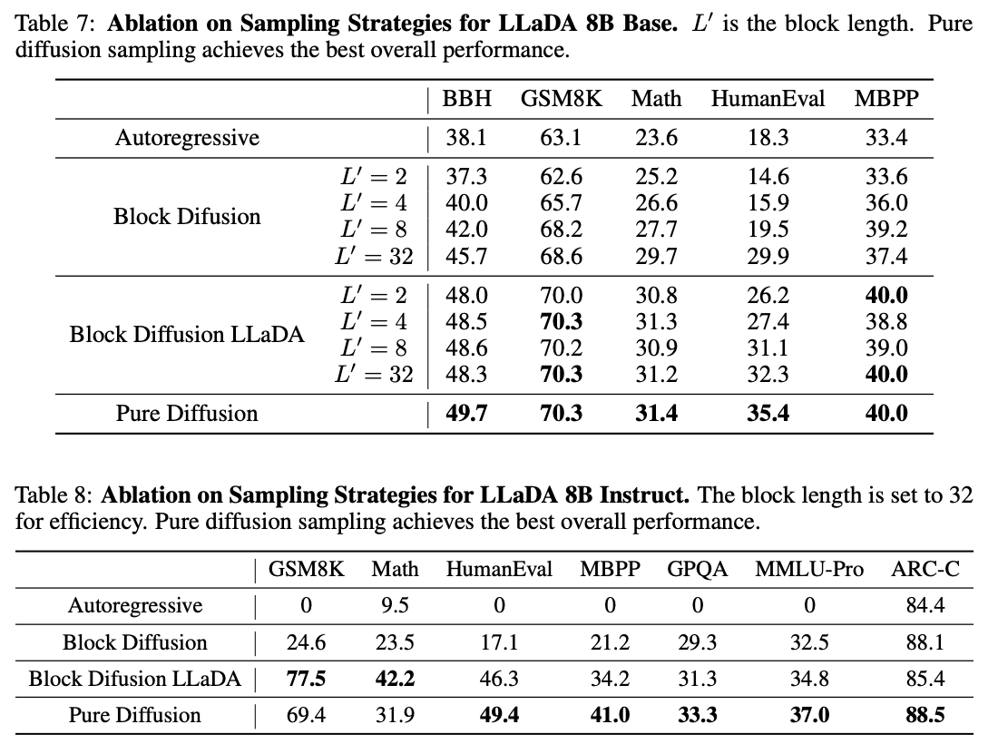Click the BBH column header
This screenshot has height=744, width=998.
click(x=466, y=99)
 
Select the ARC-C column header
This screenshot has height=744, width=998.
click(x=925, y=570)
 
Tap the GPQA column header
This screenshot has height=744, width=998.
click(x=697, y=570)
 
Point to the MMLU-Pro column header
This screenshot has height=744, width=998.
click(x=809, y=570)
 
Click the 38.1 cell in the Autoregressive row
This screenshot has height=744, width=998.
click(x=466, y=138)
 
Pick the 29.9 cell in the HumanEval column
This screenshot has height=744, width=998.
click(x=768, y=257)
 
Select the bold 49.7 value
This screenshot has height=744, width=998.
click(x=466, y=414)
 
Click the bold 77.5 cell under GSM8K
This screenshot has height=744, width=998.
click(x=305, y=679)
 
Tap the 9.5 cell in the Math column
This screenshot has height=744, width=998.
click(x=395, y=605)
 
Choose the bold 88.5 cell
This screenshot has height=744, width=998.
click(x=925, y=715)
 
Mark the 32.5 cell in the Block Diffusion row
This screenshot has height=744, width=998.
click(x=809, y=642)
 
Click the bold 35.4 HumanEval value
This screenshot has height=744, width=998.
click(x=768, y=414)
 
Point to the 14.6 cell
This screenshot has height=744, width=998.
click(x=768, y=177)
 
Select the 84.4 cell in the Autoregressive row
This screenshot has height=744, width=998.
click(x=925, y=605)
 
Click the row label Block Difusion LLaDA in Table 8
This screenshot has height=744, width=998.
click(x=135, y=679)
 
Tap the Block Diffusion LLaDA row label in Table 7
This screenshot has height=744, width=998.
click(x=187, y=335)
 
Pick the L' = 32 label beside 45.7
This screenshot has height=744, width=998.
click(x=374, y=257)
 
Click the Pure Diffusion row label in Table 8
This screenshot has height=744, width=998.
click(x=135, y=715)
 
